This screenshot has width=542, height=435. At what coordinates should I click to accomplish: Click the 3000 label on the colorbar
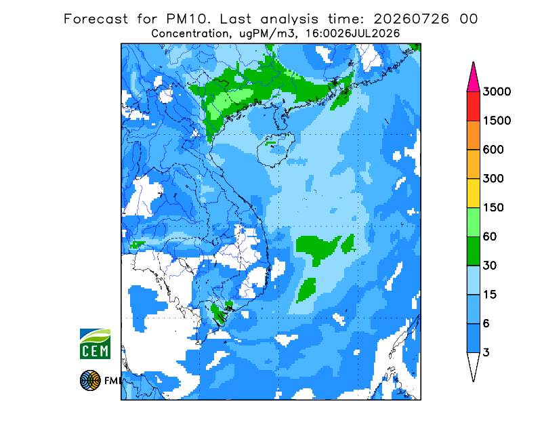click(x=497, y=91)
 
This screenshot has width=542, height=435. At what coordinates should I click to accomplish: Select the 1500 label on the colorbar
click(x=497, y=121)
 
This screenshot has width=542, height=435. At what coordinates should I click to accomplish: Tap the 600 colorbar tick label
click(x=493, y=150)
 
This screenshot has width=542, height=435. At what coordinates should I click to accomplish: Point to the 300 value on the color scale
click(x=493, y=179)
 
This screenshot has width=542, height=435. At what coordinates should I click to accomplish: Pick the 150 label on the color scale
click(x=493, y=208)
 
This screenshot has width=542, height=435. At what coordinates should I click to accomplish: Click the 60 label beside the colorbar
click(x=490, y=237)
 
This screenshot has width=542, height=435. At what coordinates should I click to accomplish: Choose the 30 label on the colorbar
click(x=490, y=266)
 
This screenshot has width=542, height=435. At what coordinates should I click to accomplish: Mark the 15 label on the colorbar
click(x=490, y=295)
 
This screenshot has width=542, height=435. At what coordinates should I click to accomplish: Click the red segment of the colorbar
click(x=473, y=106)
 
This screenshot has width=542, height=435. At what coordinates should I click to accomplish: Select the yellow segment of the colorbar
click(x=473, y=193)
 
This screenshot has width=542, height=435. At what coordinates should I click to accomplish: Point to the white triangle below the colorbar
click(x=473, y=365)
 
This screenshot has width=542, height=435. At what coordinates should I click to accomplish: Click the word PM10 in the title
click(x=188, y=19)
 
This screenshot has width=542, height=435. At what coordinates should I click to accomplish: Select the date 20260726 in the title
click(x=411, y=19)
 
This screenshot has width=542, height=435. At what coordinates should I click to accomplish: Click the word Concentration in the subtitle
click(x=190, y=34)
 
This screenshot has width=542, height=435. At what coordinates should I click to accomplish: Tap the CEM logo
click(x=95, y=344)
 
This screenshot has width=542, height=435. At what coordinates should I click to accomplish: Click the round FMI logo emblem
click(x=90, y=380)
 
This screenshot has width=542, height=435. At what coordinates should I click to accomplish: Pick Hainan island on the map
click(x=276, y=149)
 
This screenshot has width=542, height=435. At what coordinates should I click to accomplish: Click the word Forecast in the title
click(x=96, y=19)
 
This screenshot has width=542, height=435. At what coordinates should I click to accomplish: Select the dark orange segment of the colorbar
click(x=473, y=136)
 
